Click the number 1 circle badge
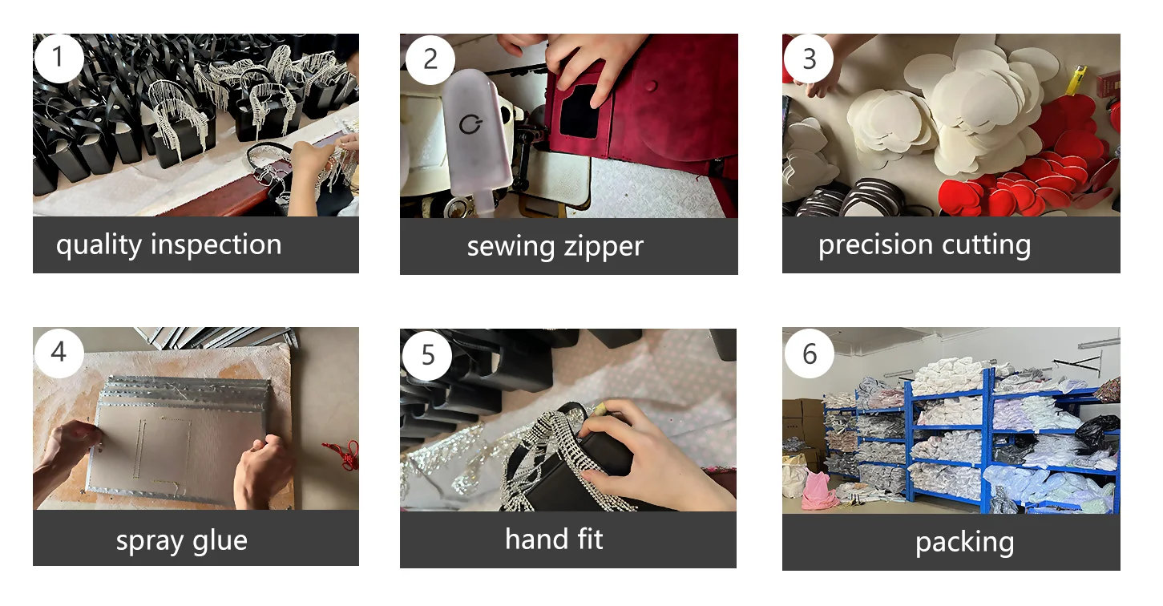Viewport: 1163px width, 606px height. [59, 59]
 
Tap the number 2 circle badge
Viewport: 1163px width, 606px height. [430, 59]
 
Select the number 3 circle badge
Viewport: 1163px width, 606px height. [809, 59]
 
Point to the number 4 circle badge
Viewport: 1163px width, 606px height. [59, 353]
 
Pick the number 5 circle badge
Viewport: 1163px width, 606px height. [427, 356]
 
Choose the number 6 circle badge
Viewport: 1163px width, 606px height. [810, 353]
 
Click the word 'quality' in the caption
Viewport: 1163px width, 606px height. [99, 245]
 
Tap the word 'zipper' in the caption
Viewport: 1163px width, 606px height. [604, 247]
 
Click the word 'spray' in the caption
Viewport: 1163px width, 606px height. [150, 542]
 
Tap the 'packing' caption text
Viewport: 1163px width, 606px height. [965, 543]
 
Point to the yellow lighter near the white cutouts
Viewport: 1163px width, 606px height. [1076, 80]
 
